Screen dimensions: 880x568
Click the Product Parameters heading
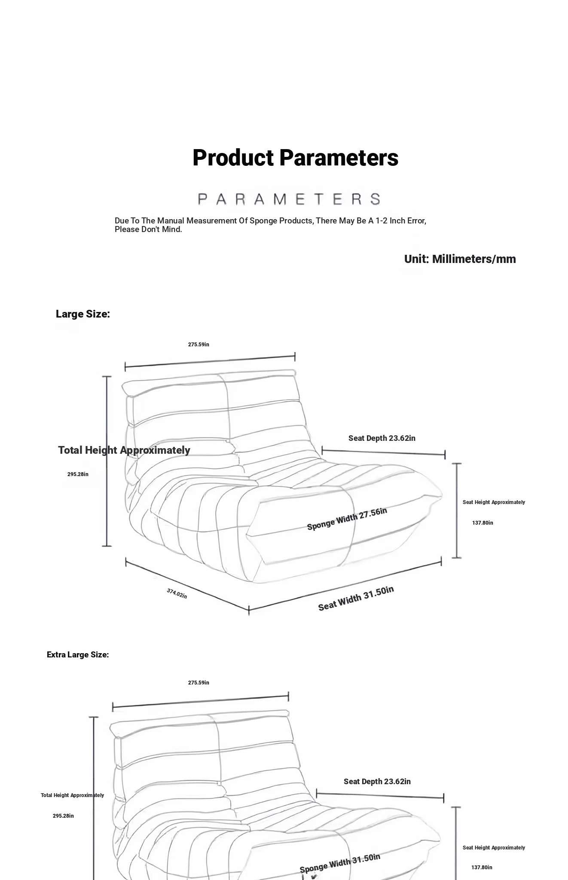point(295,158)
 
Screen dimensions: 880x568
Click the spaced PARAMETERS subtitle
point(289,199)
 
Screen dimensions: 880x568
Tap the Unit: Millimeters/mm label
point(460,259)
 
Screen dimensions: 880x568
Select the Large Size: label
point(83,314)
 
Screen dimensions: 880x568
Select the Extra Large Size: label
point(78,654)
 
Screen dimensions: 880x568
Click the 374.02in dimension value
point(177,593)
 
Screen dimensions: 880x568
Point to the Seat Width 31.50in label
point(356,598)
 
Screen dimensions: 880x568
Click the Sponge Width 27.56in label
point(347,519)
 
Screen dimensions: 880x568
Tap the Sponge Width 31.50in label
point(340,863)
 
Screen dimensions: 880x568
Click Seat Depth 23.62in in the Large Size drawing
point(382,438)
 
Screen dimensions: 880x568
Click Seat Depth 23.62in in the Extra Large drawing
point(377,782)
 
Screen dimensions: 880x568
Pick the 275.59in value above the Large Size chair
point(198,345)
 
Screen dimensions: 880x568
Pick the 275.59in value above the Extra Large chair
point(198,683)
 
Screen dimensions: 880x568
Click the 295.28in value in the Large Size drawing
point(78,474)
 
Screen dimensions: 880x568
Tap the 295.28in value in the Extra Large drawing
point(63,816)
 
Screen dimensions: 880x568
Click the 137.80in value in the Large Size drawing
point(482,523)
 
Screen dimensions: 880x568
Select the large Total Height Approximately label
point(124,450)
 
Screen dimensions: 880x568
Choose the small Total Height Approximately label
point(72,795)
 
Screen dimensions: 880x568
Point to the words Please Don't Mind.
point(148,229)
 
